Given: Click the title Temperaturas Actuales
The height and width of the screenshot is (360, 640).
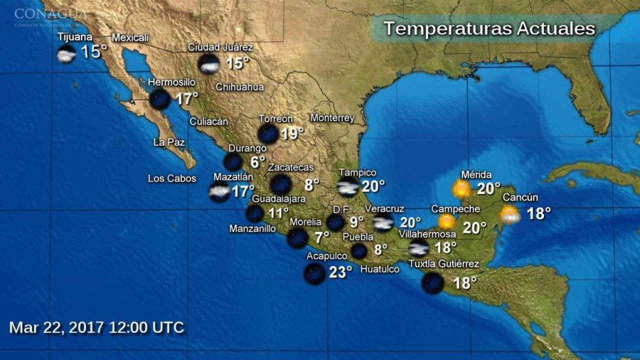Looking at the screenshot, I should tap(489, 29).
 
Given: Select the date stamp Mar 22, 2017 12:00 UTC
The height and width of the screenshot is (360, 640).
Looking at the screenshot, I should tap(97, 327).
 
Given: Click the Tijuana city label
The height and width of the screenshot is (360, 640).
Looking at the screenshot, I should tap(75, 37).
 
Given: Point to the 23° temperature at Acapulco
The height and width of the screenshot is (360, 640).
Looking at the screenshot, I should tap(340, 272).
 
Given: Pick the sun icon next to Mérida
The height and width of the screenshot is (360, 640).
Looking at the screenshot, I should tap(462, 189).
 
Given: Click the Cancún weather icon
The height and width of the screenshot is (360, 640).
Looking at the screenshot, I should tap(509, 215).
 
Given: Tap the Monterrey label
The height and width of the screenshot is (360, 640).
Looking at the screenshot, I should tap(332, 118).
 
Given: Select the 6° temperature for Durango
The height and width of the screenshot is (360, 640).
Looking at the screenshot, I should tap(257, 162).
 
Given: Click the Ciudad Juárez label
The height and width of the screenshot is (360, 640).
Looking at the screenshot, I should tap(221, 48).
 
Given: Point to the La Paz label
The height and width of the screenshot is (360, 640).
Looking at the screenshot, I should tap(169, 142).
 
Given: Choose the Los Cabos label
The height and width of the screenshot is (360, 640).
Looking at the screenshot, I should tap(172, 179).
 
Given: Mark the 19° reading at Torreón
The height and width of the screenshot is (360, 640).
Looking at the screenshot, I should tap(292, 133).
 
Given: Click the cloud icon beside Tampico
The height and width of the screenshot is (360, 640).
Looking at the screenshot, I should tap(348, 189).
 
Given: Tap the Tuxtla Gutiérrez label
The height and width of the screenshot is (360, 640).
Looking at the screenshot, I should tap(443, 264).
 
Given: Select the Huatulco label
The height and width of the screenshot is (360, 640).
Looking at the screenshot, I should tap(379, 269).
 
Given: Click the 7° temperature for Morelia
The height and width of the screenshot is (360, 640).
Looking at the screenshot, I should tap(321, 238).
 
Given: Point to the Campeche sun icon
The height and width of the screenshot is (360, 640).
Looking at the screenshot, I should tap(447, 222).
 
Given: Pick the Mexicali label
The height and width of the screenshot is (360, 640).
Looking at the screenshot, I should tap(130, 37).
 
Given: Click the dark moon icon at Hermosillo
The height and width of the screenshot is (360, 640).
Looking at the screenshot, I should tap(160, 99).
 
